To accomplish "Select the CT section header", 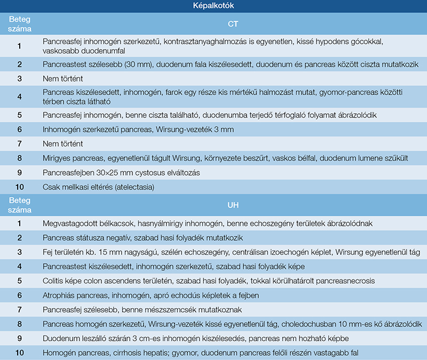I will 233,24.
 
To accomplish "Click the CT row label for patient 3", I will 19,79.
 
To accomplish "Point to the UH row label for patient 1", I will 19,223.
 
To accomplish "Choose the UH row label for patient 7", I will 19,310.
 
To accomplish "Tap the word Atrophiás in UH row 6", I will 61,295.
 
